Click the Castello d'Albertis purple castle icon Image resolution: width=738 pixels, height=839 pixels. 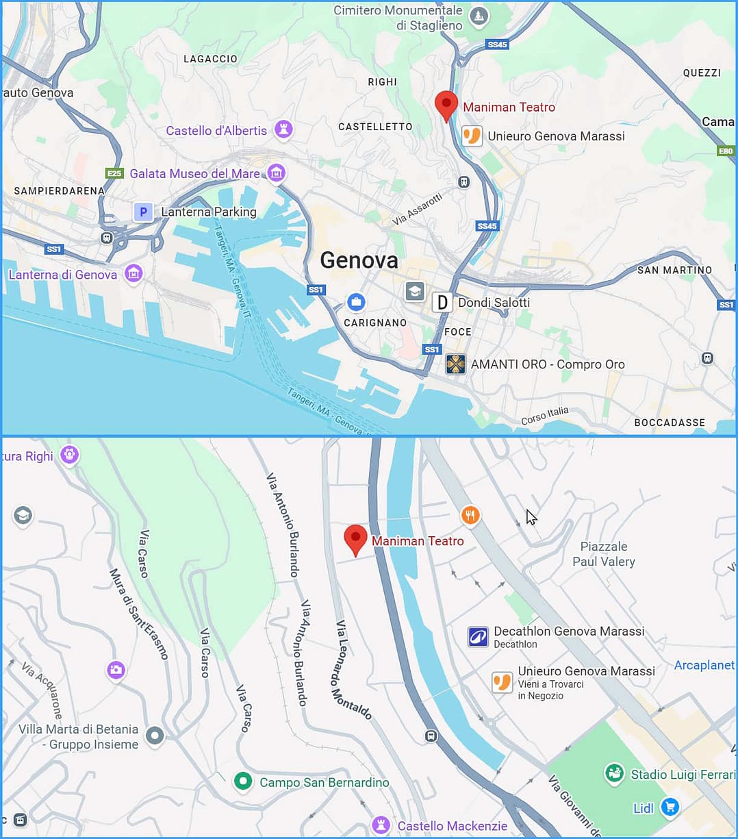point(283,129)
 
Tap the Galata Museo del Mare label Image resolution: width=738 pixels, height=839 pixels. point(195,174)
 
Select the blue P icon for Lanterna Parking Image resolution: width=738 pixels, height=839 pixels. point(143,212)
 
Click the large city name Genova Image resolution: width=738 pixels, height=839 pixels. point(359,260)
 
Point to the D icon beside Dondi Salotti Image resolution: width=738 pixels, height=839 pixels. point(443,302)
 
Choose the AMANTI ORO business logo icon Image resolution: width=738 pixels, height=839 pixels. point(456,364)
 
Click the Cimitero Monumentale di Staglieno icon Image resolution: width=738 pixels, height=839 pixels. point(479,16)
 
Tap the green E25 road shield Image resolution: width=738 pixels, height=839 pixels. point(114,173)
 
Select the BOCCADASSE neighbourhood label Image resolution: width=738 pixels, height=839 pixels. point(669,423)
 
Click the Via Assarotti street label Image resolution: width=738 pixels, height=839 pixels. point(418,210)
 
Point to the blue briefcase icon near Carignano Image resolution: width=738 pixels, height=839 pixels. point(356,301)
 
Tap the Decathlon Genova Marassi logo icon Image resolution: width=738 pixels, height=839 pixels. point(478,637)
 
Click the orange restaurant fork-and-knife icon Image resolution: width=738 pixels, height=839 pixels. point(470,515)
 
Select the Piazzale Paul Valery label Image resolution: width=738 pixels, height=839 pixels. point(604,554)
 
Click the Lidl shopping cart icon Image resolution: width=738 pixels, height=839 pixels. point(670,808)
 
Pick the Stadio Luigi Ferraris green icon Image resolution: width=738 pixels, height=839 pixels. point(614,774)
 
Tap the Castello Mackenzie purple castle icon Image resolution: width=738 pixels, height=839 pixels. point(381,825)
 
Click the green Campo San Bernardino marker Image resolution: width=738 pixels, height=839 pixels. point(243,781)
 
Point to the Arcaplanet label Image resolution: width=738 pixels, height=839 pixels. point(704,665)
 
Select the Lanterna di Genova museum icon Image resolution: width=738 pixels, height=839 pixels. point(133,275)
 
